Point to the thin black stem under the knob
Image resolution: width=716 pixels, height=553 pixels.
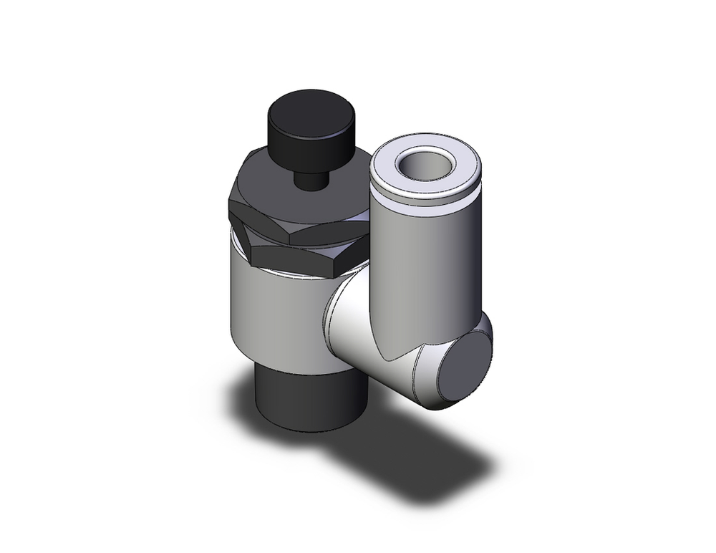tap(309, 179)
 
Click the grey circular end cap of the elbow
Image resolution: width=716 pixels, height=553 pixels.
tap(464, 369)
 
